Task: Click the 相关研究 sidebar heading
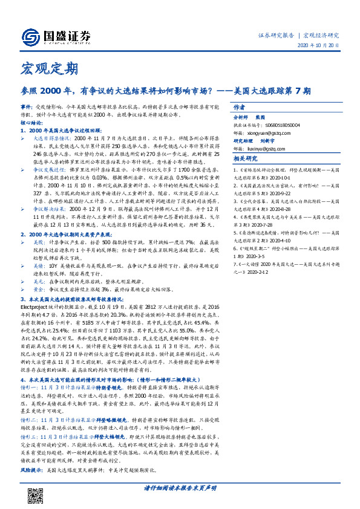click(x=246, y=159)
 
